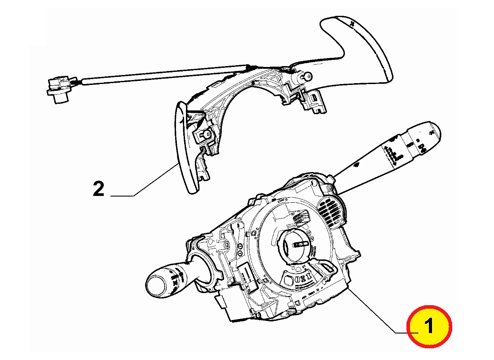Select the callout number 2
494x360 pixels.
click(98, 189)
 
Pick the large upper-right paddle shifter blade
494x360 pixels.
click(359, 49)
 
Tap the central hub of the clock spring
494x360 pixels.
click(296, 244)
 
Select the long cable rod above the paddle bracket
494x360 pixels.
click(166, 76)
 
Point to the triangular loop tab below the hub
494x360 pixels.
click(326, 268)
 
